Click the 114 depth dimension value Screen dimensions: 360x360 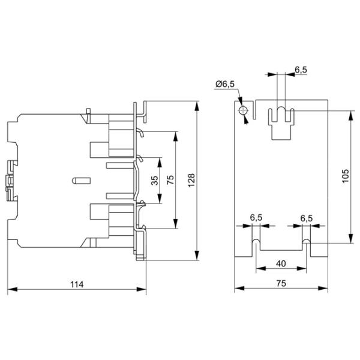coord(77,284)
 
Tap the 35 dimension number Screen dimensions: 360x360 coord(155,181)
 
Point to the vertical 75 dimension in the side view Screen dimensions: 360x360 coord(170,181)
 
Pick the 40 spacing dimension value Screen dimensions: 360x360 coord(281,262)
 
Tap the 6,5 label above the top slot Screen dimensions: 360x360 coord(301,70)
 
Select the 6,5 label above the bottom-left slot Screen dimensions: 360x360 coord(256,218)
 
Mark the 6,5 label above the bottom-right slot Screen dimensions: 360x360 coord(306,218)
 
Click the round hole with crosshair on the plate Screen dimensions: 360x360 coord(242,112)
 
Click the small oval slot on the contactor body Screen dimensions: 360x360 coord(79,179)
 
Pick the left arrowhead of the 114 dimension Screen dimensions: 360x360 coord(10,290)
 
